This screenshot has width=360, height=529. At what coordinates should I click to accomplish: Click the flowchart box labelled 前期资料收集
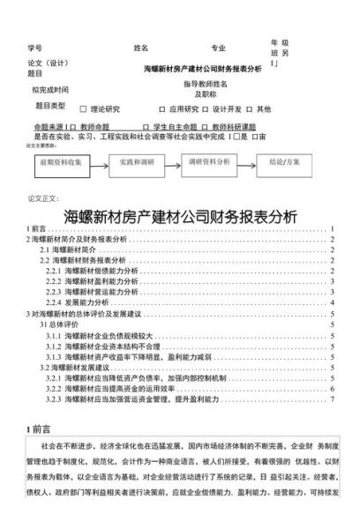(60, 163)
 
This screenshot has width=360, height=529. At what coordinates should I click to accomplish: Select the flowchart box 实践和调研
(137, 163)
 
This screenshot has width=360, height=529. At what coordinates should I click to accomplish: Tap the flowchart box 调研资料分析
(209, 163)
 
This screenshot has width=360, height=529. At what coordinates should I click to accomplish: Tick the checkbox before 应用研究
(163, 109)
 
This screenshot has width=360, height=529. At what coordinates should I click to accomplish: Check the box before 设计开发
(206, 109)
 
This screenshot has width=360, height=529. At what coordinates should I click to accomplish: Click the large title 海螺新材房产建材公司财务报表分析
(179, 215)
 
